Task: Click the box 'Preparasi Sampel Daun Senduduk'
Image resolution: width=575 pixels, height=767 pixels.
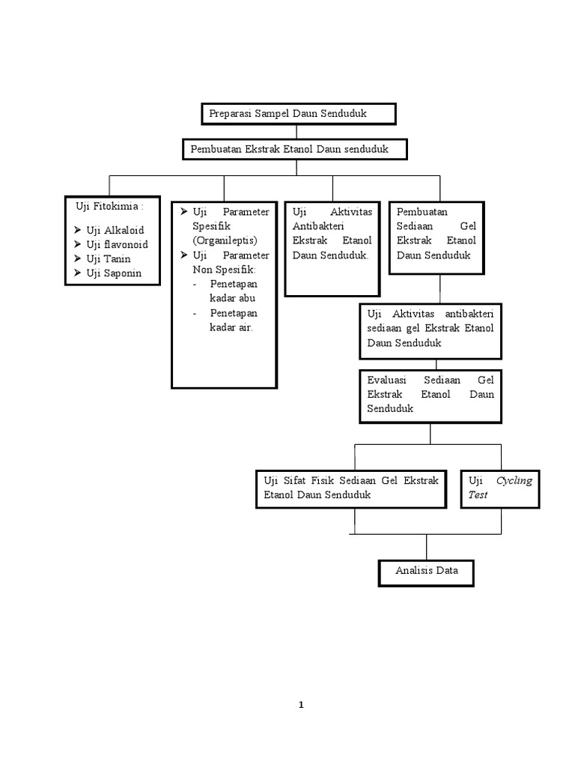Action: click(298, 114)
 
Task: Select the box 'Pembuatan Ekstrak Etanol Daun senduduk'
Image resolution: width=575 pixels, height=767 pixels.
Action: click(295, 149)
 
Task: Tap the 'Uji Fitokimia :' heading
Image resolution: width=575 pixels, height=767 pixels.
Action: click(109, 206)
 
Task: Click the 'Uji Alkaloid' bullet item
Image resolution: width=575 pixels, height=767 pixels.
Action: click(115, 231)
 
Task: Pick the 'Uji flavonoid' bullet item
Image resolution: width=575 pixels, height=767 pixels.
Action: click(117, 245)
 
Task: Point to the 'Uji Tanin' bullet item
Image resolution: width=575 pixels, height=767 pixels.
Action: click(109, 259)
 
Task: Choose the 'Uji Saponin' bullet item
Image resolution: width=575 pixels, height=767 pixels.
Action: click(114, 273)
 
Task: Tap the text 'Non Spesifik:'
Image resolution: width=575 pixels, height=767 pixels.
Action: click(224, 269)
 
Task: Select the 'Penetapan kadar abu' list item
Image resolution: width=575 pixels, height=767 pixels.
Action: click(233, 291)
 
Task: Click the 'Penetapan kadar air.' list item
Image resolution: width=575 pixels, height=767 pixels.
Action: click(233, 320)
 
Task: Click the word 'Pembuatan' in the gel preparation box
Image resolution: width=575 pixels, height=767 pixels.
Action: click(422, 212)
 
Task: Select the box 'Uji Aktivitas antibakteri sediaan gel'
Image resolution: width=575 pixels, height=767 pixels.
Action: click(430, 327)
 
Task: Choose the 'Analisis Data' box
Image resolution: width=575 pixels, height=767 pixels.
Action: click(426, 571)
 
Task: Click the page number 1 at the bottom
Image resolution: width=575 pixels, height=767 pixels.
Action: click(301, 704)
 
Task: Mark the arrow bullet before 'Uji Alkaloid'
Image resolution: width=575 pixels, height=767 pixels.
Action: click(78, 231)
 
